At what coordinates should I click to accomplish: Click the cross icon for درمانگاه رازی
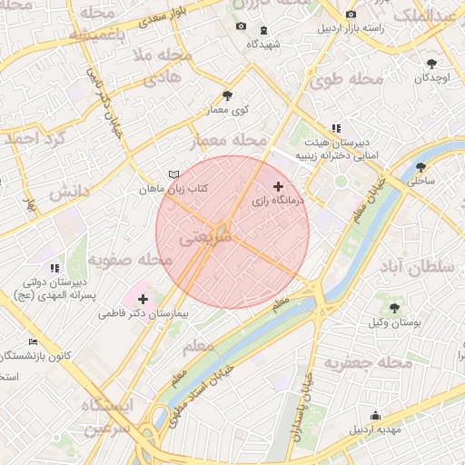[278, 186]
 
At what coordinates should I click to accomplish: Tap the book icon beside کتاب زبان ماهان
[173, 174]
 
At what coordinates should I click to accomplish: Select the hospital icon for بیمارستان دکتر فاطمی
[143, 298]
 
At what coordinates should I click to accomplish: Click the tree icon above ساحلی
[420, 167]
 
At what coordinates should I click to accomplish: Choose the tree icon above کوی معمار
[227, 94]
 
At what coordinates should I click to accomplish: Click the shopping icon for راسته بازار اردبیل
[351, 15]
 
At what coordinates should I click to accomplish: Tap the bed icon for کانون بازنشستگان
[34, 341]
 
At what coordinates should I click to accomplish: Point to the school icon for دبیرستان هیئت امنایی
[336, 128]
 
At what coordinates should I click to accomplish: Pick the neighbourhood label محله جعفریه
[373, 361]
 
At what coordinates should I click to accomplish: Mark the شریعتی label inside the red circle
[207, 238]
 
